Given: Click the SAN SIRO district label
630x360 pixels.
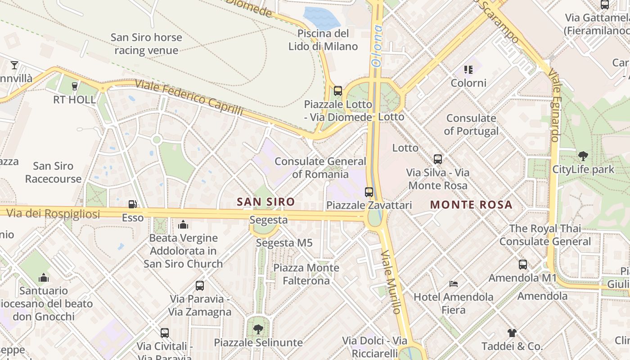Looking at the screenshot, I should point(265,202).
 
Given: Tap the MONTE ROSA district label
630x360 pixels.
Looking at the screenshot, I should point(471,205).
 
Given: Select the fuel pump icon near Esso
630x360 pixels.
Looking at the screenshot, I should point(132,204).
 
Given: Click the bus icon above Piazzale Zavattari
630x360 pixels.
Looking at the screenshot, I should point(369,192).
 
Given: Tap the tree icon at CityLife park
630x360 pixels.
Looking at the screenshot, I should point(583,157).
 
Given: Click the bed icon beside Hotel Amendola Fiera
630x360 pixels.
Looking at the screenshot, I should point(454,284).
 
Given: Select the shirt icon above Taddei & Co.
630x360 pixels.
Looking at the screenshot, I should point(512,333).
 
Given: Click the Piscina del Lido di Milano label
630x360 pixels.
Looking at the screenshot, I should point(323,40).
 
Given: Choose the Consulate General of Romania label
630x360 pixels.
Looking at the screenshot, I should point(320,167).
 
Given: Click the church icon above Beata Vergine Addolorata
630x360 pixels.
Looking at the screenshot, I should point(183,224).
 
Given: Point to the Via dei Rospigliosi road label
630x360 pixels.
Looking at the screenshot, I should point(53,214).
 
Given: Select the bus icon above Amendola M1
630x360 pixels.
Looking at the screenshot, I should point(522,265).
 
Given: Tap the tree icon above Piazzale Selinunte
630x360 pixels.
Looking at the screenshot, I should point(258,329).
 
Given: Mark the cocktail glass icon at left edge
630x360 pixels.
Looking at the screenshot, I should point(14,65).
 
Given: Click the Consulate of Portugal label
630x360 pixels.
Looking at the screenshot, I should point(471,125).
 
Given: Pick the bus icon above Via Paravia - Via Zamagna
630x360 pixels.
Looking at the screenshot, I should point(200,285).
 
